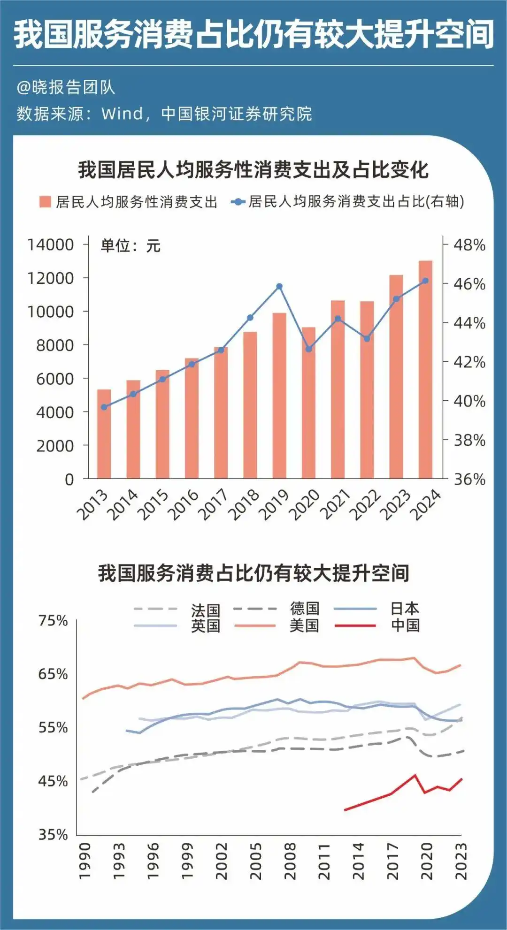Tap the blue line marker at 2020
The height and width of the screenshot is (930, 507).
308,349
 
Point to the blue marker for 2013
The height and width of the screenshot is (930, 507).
104,407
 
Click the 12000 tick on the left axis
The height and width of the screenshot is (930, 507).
51,278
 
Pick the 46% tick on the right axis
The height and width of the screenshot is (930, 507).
469,284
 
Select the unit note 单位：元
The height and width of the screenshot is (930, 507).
131,246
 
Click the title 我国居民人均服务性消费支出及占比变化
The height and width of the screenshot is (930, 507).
253,170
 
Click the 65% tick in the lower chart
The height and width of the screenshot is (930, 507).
53,674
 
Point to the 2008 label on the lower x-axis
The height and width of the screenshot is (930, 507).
290,861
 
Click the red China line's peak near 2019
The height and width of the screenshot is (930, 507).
415,775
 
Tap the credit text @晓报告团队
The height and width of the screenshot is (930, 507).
66,87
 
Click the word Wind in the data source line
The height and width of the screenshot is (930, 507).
122,114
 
